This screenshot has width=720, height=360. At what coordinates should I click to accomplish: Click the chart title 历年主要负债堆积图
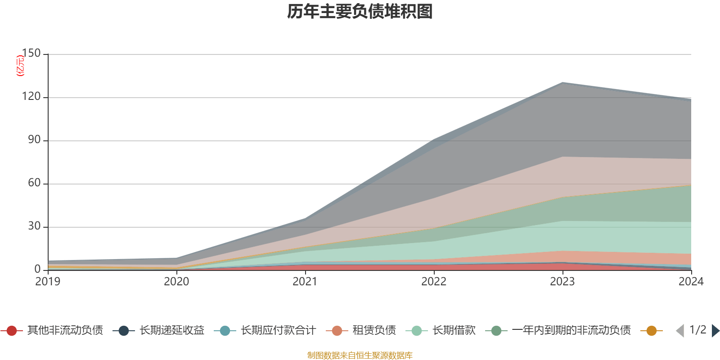click(360, 12)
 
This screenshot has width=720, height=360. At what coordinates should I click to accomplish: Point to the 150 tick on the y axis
click(31, 53)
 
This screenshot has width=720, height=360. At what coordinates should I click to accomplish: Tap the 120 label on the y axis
click(31, 96)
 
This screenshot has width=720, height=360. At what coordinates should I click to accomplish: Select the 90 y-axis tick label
click(34, 139)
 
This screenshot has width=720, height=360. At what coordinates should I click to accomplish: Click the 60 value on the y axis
click(34, 183)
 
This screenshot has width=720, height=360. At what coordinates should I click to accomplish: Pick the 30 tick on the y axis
click(34, 226)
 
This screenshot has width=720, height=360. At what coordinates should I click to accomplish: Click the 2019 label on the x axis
click(48, 282)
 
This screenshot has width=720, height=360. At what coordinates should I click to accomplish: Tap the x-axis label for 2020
click(176, 282)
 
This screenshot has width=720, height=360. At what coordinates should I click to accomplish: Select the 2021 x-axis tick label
click(305, 282)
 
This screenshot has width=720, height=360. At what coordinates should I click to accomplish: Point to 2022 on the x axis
click(434, 282)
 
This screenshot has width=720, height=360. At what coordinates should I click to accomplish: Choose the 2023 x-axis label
click(562, 282)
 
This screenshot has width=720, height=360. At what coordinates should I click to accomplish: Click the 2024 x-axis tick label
click(691, 282)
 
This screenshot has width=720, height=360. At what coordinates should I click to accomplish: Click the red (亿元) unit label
click(20, 66)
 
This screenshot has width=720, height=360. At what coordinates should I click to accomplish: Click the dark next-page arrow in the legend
click(715, 330)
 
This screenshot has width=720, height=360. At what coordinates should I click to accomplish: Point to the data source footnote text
click(360, 355)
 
